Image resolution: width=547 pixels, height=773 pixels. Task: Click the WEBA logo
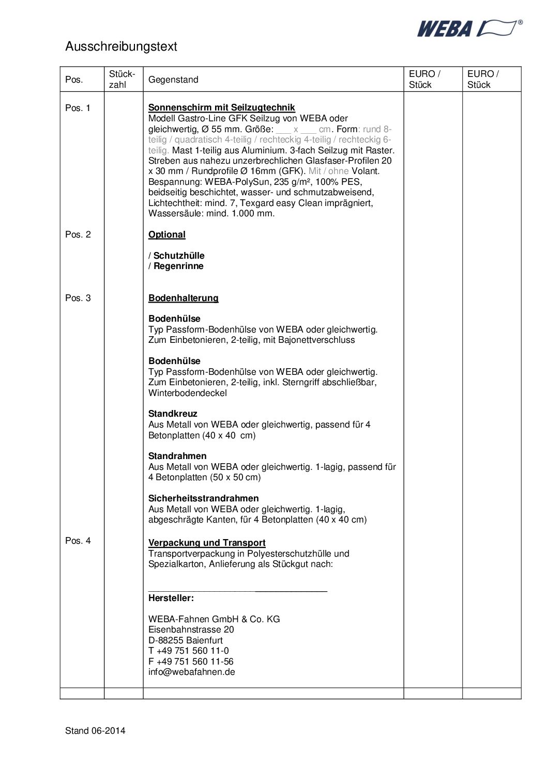(x=469, y=28)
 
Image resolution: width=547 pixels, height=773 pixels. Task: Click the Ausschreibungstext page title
(x=121, y=46)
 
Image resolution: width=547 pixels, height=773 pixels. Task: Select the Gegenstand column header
(x=173, y=80)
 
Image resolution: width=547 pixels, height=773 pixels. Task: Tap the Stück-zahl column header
(x=122, y=79)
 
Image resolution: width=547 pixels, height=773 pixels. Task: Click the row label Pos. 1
(x=78, y=108)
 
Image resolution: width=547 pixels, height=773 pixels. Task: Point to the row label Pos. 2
(x=78, y=234)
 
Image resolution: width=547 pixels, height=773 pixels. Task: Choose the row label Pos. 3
(x=78, y=298)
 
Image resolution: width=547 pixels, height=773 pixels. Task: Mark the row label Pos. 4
(x=78, y=541)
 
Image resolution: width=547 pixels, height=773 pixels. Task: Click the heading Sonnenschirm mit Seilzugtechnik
(x=221, y=107)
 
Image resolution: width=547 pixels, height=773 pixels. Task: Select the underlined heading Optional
(x=166, y=234)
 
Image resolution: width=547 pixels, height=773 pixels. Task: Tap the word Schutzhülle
(x=179, y=256)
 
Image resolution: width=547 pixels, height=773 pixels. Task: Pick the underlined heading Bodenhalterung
(x=183, y=298)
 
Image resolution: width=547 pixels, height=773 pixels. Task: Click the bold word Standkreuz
(x=173, y=414)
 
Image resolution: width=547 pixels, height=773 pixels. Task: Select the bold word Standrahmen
(x=177, y=456)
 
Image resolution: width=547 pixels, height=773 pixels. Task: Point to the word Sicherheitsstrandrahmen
(x=203, y=498)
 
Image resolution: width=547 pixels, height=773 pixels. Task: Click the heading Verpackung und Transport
(x=207, y=543)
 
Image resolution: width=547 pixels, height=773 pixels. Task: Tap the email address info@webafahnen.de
(x=191, y=672)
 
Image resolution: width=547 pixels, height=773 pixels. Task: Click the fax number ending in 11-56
(x=191, y=661)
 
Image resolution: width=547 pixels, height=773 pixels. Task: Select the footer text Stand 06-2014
(x=95, y=731)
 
